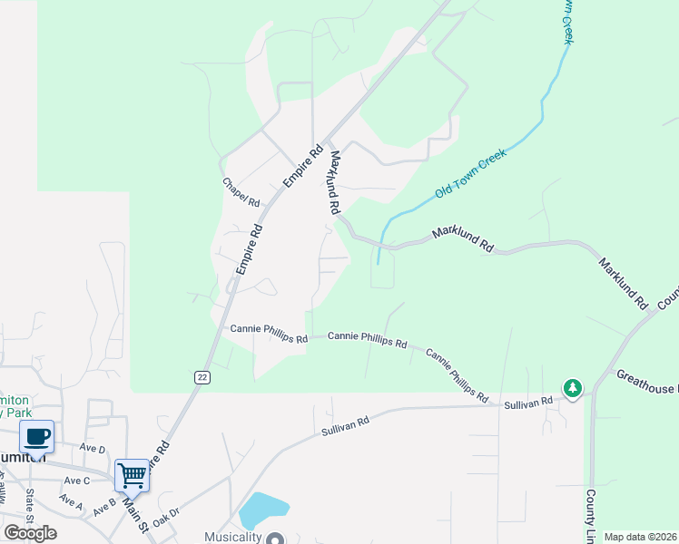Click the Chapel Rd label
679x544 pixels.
tap(241, 189)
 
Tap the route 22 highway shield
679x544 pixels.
tap(202, 376)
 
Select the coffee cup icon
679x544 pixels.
tap(36, 437)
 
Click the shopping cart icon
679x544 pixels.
tap(132, 474)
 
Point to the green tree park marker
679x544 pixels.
tap(572, 388)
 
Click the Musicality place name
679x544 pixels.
tap(231, 537)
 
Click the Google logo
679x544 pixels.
tap(31, 533)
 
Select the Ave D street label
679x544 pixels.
tap(93, 449)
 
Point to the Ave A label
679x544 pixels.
tap(71, 500)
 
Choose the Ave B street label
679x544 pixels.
tap(104, 508)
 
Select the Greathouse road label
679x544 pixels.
tap(647, 382)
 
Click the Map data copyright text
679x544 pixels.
tap(640, 537)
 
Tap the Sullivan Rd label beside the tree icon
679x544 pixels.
tap(528, 401)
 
